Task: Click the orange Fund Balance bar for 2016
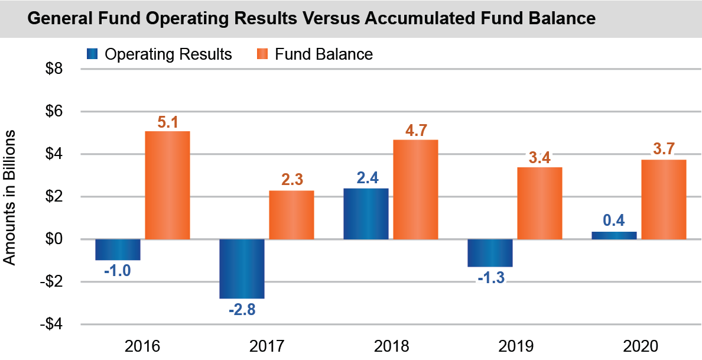tap(167, 185)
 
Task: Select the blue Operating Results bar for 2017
tap(242, 269)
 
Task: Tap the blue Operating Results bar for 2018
tap(366, 213)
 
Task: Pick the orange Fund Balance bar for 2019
tap(539, 203)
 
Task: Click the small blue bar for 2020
tap(614, 235)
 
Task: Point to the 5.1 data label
tap(168, 122)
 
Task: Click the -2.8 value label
tap(242, 309)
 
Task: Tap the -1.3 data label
tap(490, 278)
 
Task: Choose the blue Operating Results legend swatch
tap(92, 54)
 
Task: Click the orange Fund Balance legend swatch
tap(262, 54)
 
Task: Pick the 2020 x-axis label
tap(639, 346)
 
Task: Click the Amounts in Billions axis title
tap(9, 196)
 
